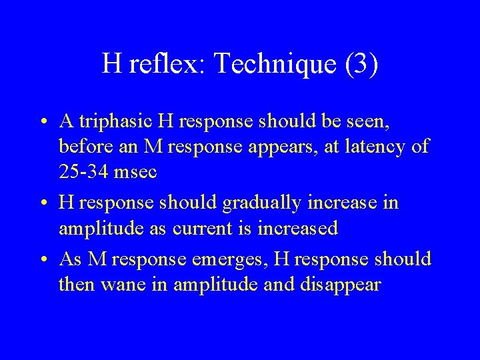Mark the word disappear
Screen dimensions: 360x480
click(341, 285)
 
